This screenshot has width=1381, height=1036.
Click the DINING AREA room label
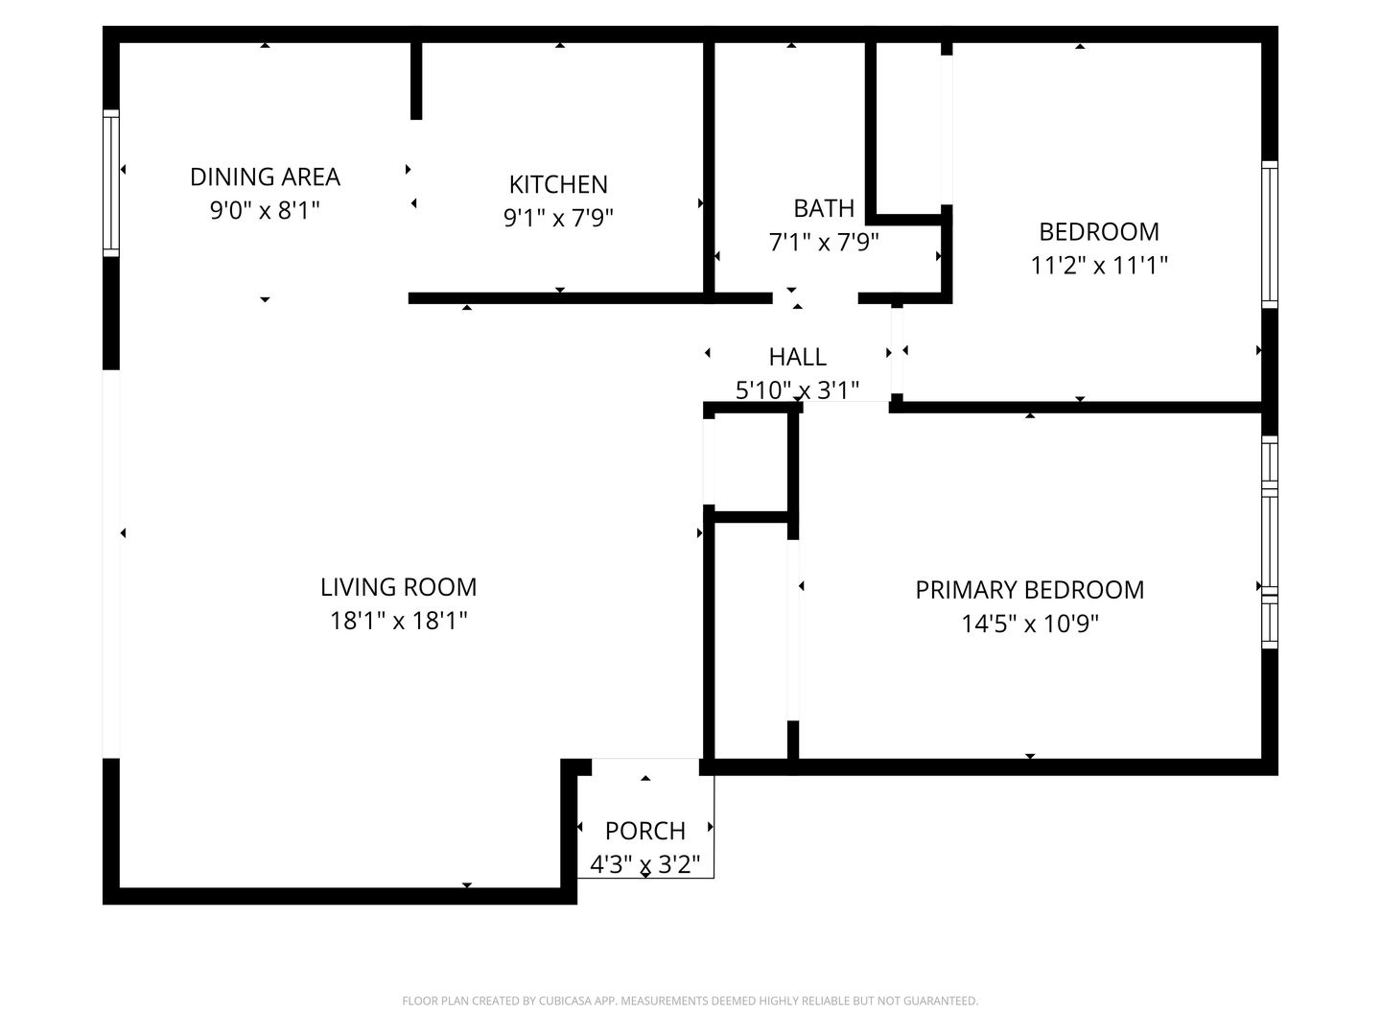coord(265,177)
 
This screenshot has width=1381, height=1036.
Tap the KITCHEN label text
coord(558,185)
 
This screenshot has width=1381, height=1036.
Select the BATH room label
coord(824,208)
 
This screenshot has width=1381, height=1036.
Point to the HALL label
coord(797,357)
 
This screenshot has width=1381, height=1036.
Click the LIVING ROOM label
coord(398,587)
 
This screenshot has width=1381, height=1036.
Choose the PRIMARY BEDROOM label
coord(1029,590)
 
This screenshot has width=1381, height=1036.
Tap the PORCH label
coord(644,831)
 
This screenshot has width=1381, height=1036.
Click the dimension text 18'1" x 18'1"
coord(398,622)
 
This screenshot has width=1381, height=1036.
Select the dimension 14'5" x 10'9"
coord(1029,624)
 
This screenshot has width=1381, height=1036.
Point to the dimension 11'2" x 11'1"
coord(1098,266)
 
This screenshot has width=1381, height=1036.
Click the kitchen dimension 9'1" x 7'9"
coord(558,219)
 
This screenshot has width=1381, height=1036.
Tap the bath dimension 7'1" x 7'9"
coord(824,242)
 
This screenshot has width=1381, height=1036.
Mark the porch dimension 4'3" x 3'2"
coord(644,865)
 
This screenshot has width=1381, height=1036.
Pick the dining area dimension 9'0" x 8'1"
coord(265,211)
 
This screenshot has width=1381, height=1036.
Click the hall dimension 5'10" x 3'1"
coord(797,390)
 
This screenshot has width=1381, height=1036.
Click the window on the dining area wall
coord(110,183)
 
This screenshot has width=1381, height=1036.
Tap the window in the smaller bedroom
coord(1270,235)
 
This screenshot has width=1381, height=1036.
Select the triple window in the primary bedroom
coord(1270,542)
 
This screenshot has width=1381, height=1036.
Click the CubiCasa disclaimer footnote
coord(690,1001)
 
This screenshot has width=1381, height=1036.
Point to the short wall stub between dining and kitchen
coord(416,81)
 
